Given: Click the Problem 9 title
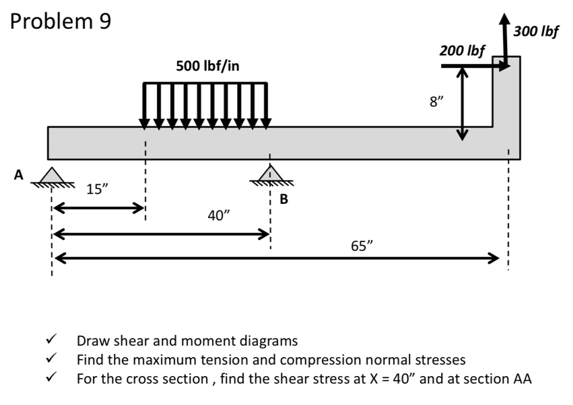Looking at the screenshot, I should click(61, 22).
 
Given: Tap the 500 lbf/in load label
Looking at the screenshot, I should click(207, 65).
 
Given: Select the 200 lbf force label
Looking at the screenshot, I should click(462, 50).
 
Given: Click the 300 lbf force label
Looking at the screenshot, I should click(536, 30).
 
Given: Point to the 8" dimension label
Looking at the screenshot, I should click(437, 102).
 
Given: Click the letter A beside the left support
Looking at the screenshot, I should click(20, 175).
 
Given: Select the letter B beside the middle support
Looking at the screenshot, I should click(283, 198).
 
